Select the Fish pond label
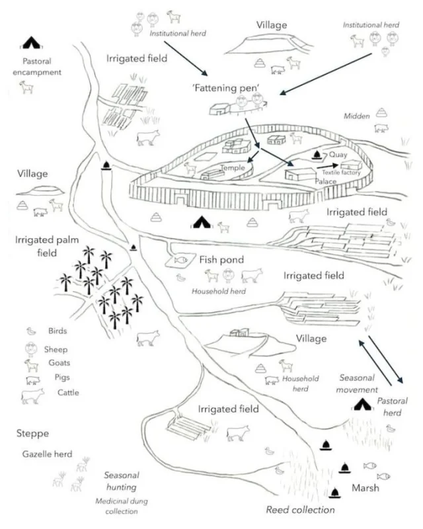pyautogui.click(x=220, y=260)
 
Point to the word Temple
pyautogui.click(x=232, y=168)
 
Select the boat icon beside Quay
pyautogui.click(x=317, y=156)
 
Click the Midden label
pyautogui.click(x=357, y=116)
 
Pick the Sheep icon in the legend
pyautogui.click(x=30, y=349)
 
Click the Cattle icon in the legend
pyautogui.click(x=32, y=395)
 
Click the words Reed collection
pyautogui.click(x=300, y=509)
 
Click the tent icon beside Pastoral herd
pyautogui.click(x=363, y=404)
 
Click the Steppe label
pyautogui.click(x=32, y=434)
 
